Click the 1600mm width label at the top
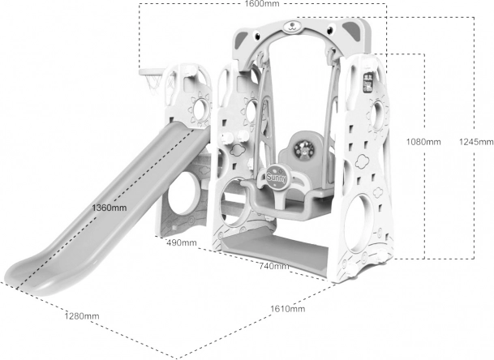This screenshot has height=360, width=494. tap(263, 5)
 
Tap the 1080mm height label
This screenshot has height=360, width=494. tap(423, 141)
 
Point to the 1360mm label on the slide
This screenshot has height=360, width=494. tap(109, 208)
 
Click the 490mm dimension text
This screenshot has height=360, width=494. tap(182, 242)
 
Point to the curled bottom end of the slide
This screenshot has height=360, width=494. tap(20, 267)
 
